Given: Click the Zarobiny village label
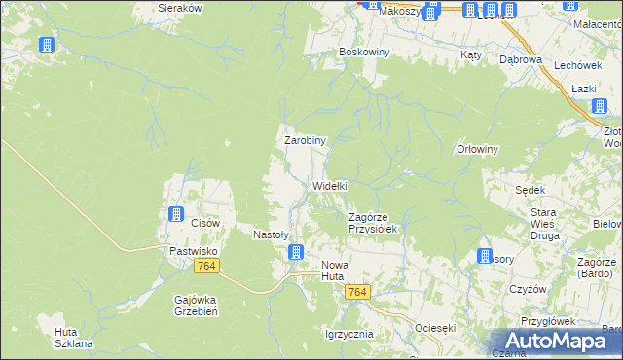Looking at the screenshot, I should (x=305, y=140).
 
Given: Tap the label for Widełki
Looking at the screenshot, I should (x=330, y=185).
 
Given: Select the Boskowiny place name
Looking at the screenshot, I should (x=364, y=52).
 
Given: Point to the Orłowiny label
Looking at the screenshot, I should (x=477, y=150).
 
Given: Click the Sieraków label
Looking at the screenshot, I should (x=179, y=7).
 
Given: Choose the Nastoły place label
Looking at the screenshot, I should (x=272, y=234).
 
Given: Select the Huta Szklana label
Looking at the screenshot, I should (x=73, y=338).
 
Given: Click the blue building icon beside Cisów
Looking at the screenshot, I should (x=176, y=214).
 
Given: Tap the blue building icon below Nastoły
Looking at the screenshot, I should (x=295, y=253).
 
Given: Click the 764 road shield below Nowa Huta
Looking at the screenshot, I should (x=358, y=293).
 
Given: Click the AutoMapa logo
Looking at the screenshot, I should (x=558, y=340).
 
